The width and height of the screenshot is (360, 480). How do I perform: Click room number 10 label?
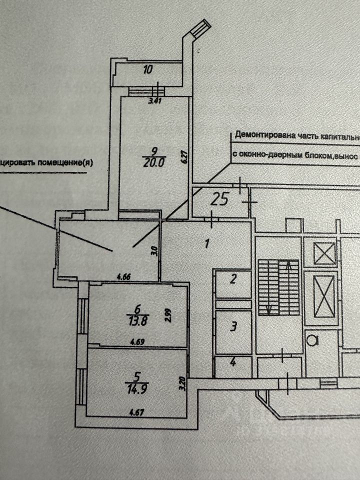click(147, 70)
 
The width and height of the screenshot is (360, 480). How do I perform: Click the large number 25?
click(219, 199)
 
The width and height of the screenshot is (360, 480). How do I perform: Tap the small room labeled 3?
click(232, 328)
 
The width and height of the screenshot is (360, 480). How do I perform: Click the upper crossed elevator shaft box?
click(325, 253)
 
